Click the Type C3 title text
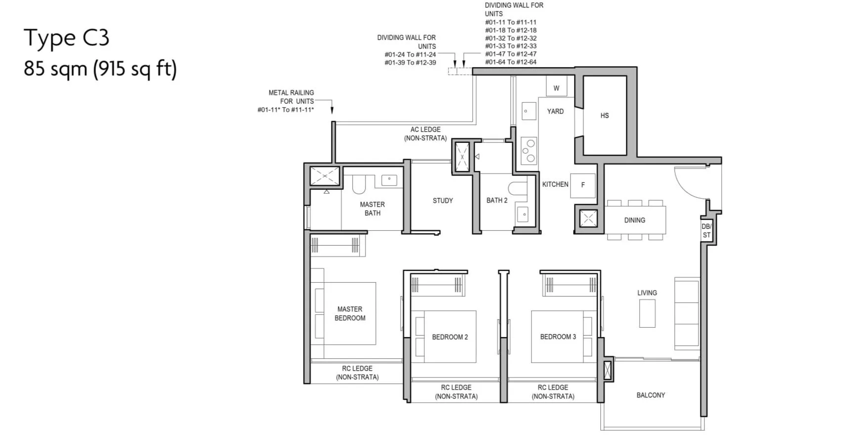(67, 38)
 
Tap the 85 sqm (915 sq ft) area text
(100, 68)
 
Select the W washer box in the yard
(556, 87)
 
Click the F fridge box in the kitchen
(583, 185)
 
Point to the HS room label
(605, 116)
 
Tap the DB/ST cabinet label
(706, 231)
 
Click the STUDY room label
(443, 201)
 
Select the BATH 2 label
(497, 200)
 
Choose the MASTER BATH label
(372, 209)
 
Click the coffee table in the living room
(647, 313)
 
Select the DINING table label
(635, 220)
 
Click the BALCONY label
(651, 395)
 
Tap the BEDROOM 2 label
(450, 337)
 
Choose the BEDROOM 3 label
(558, 337)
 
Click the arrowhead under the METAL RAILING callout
(332, 111)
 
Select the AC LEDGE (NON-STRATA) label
(425, 134)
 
